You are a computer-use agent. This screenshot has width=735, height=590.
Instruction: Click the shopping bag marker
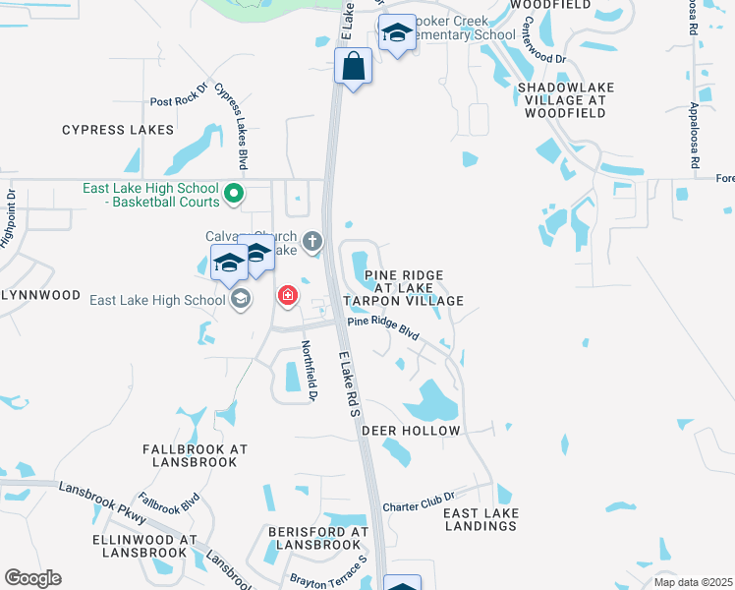(x=354, y=67)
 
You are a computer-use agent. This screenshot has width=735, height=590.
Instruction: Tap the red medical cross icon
(x=288, y=295)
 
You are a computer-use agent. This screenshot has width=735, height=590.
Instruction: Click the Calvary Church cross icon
(x=312, y=240)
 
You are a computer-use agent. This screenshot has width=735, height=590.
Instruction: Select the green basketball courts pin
(x=234, y=193)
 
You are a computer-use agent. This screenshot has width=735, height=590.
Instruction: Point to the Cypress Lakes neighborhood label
(x=118, y=130)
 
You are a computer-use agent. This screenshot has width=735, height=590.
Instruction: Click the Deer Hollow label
(x=411, y=431)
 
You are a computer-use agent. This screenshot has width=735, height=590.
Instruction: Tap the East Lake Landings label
(x=480, y=519)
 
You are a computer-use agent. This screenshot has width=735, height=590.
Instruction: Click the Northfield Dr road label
(x=309, y=370)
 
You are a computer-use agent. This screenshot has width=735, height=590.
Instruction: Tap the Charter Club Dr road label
(x=420, y=500)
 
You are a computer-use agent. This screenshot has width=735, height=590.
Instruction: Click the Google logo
(x=32, y=578)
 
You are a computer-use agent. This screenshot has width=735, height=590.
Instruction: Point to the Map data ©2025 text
(x=692, y=582)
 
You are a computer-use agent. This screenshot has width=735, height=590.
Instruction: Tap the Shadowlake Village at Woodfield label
(x=566, y=101)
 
